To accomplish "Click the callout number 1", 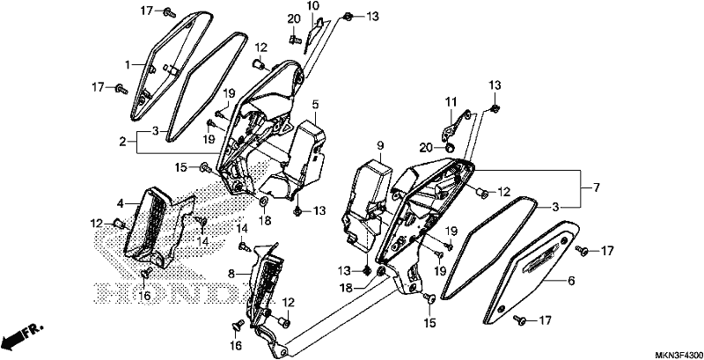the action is coord(128,65).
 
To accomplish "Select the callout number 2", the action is coord(122,143).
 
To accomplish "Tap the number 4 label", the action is coord(121,204).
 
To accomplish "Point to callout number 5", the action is coord(315,105).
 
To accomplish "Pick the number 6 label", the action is coord(571,282).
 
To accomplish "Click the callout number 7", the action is coord(597,188).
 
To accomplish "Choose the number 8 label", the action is coord(231,274).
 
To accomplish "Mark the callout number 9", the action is coord(380,145).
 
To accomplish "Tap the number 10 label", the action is coord(313,6).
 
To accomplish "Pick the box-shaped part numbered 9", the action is coord(366,202).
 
